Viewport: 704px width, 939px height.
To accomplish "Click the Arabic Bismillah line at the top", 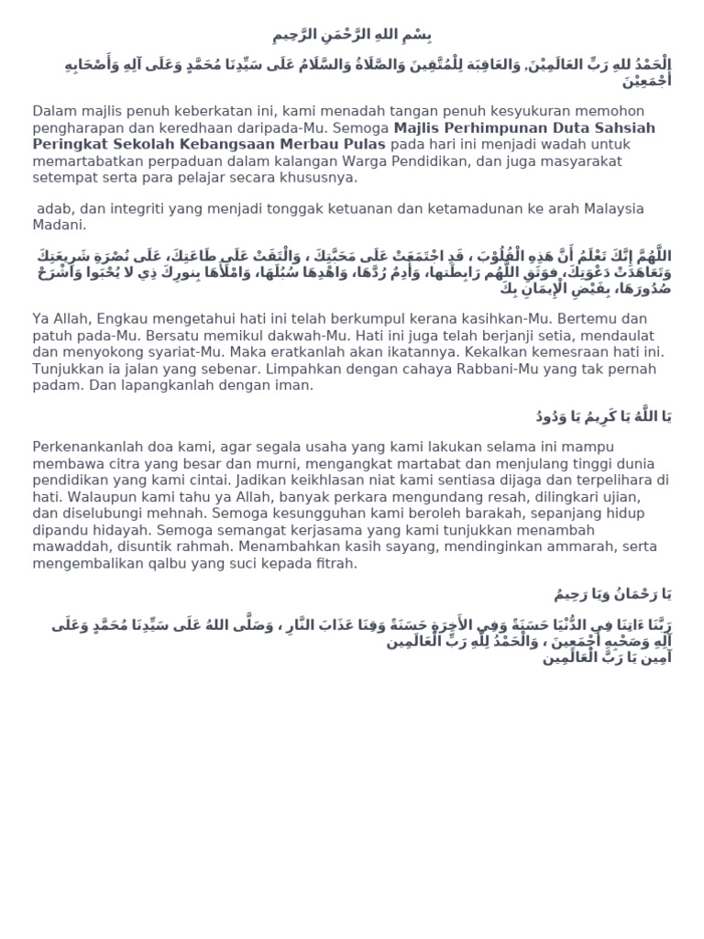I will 352,36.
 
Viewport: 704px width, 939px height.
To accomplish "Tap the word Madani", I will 60,226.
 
